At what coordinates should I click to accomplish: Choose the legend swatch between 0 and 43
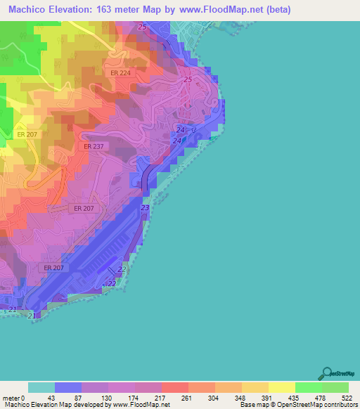[x=41, y=387]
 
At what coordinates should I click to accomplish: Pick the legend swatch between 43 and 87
[x=67, y=387]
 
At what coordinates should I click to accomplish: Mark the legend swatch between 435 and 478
[x=308, y=387]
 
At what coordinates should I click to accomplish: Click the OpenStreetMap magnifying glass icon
[x=328, y=372]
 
